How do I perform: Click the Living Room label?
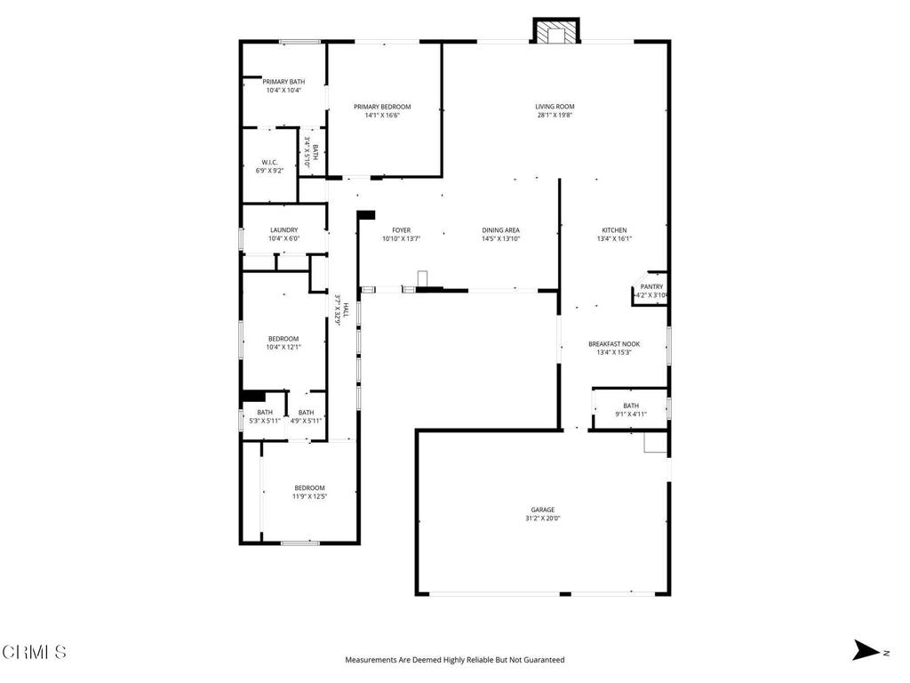[555, 106]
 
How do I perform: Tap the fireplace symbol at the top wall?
[555, 32]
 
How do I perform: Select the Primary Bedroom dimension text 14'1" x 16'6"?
[382, 115]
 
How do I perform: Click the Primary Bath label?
[283, 81]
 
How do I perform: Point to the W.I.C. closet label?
[270, 162]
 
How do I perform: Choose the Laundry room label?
[283, 229]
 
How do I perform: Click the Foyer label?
[401, 229]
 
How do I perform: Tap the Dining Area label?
[500, 229]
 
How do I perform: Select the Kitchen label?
[614, 229]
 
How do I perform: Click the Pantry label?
[651, 286]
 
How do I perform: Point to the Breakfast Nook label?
[614, 344]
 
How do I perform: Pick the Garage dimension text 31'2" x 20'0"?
[543, 518]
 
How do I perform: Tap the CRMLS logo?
[34, 652]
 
